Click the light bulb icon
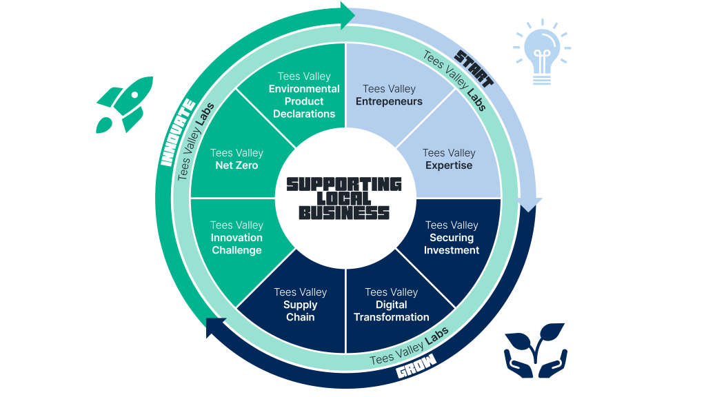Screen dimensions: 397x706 pyautogui.click(x=542, y=54)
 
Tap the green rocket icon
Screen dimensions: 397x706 pyautogui.click(x=124, y=104)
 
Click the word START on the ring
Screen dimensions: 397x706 pyautogui.click(x=474, y=70)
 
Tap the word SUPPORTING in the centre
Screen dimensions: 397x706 pyautogui.click(x=344, y=184)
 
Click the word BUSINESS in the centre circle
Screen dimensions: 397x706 pyautogui.click(x=344, y=213)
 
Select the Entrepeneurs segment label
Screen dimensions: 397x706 pyautogui.click(x=389, y=101)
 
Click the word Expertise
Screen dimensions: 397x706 pyautogui.click(x=449, y=165)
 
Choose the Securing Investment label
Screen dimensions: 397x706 pyautogui.click(x=452, y=244)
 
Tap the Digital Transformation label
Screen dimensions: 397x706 pyautogui.click(x=392, y=311)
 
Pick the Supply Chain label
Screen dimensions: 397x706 pyautogui.click(x=300, y=311)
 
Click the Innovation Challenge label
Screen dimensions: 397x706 pyautogui.click(x=236, y=244)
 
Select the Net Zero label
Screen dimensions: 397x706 pyautogui.click(x=236, y=165)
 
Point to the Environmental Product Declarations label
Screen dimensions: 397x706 pyautogui.click(x=304, y=101)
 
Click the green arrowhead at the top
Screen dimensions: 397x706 pyautogui.click(x=347, y=14)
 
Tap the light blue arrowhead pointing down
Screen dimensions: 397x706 pyautogui.click(x=530, y=203)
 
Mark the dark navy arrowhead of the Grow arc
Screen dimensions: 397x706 pyautogui.click(x=216, y=327)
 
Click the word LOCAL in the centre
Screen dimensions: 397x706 pyautogui.click(x=344, y=198)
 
